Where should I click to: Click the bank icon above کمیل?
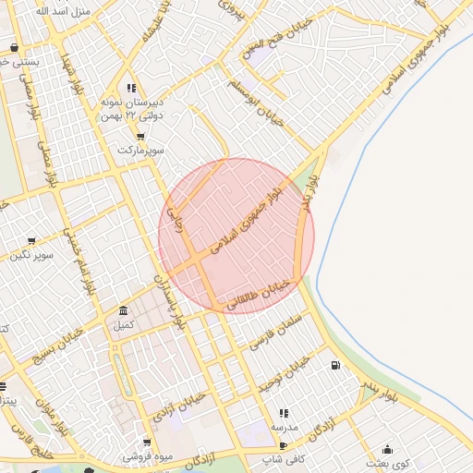coord(124,310)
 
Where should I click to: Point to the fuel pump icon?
coord(334,365)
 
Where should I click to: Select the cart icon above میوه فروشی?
coord(146,443)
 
